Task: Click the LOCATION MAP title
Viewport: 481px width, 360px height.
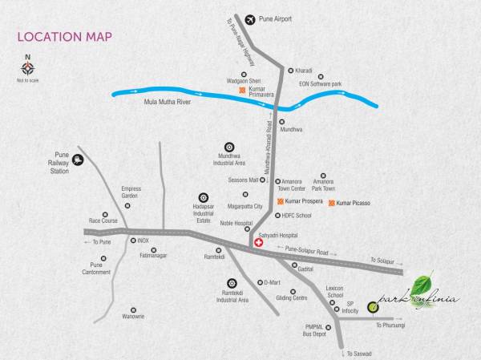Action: tap(64, 37)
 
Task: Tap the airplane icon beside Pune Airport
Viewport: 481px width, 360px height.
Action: tap(249, 18)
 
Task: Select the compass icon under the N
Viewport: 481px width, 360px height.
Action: tap(28, 69)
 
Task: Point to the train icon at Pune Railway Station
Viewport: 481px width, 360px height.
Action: tap(77, 159)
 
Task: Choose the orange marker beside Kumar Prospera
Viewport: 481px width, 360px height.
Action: tap(280, 200)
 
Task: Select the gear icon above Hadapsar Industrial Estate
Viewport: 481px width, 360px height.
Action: tap(203, 196)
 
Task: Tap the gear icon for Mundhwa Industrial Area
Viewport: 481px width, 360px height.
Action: tap(229, 148)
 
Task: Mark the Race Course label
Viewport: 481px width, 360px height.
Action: tap(103, 220)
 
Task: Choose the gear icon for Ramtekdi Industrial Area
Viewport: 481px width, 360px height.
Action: tap(232, 282)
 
